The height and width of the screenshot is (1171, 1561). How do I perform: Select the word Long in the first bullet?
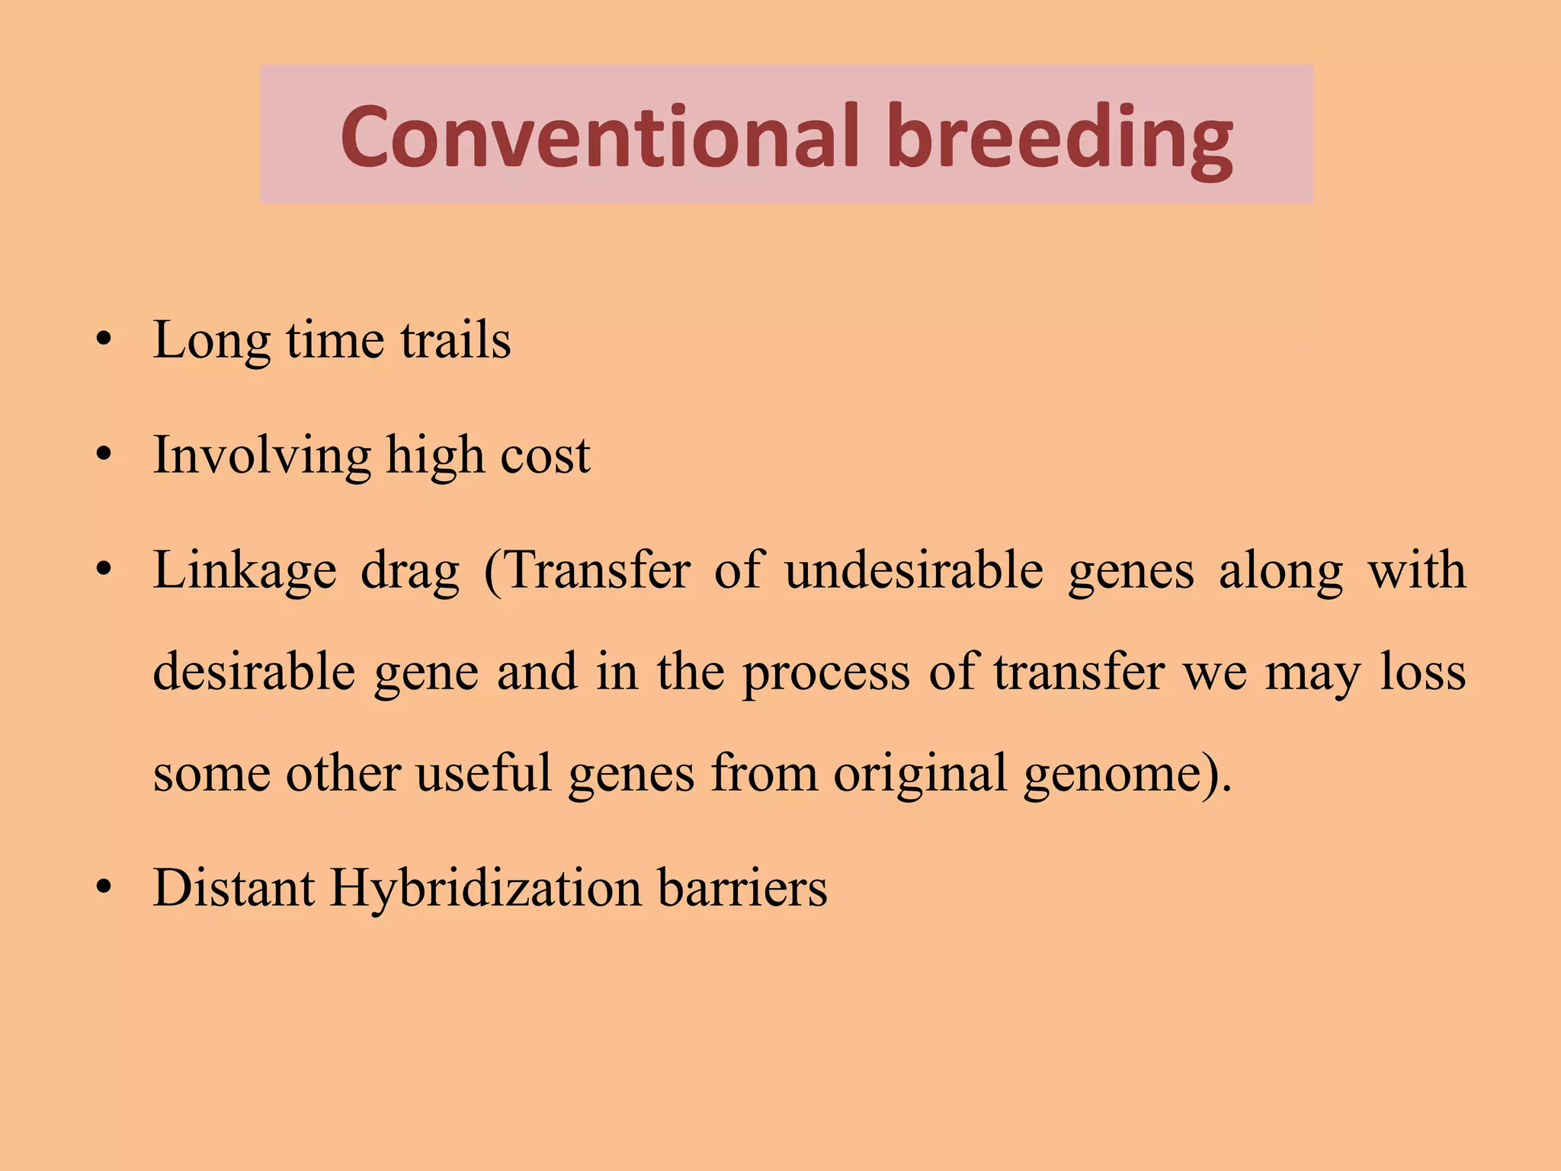pos(211,340)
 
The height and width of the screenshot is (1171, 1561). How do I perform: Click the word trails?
pos(455,340)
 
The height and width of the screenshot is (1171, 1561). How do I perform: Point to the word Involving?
pos(261,456)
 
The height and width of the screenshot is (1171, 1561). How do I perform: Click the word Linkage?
pos(244,571)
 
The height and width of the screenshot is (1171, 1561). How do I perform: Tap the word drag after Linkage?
pos(410,571)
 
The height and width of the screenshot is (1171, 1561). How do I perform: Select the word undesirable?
pos(913,571)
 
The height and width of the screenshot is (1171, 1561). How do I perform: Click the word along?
pos(1280,571)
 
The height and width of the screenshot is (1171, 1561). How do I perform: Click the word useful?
pos(483,774)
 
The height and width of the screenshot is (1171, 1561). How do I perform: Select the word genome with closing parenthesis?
pos(1127,774)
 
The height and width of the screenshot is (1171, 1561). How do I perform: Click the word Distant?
pos(233,888)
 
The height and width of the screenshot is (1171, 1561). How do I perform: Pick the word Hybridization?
pos(486,888)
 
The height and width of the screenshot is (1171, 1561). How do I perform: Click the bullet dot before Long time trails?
pos(104,340)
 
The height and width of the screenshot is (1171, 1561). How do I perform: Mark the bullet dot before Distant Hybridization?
pos(104,888)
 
